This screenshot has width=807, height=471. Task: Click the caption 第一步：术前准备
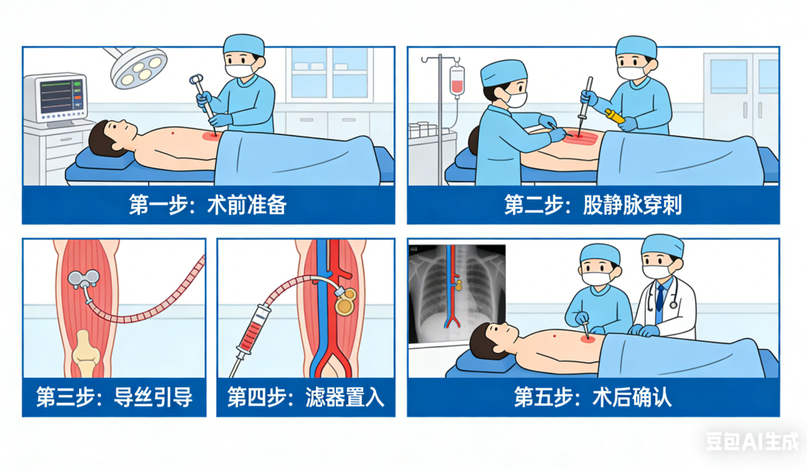207,205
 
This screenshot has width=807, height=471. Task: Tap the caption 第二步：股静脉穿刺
593,205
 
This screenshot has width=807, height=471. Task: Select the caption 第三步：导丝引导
114,397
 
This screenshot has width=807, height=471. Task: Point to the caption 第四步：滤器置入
306,397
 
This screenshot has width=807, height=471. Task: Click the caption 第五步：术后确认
593,397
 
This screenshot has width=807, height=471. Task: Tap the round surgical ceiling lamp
138,67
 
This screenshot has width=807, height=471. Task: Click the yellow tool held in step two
615,116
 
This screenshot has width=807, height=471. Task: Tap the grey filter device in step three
84,282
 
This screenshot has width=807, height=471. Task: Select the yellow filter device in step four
345,301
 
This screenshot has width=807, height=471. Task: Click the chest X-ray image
457,293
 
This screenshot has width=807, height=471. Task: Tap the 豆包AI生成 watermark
752,442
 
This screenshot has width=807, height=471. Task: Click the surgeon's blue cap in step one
244,45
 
